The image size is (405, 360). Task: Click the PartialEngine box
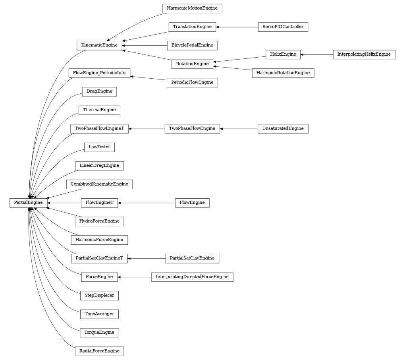click(28, 203)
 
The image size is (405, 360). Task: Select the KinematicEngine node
click(99, 45)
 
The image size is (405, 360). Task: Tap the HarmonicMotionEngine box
click(192, 8)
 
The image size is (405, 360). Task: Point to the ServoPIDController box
click(283, 27)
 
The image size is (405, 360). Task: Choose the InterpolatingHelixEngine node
click(364, 54)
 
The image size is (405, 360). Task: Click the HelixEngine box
click(283, 54)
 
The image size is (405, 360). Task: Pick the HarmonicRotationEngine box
click(283, 73)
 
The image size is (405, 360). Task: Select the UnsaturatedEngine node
click(283, 129)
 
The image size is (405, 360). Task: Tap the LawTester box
click(99, 147)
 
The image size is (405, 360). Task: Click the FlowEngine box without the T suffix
click(192, 203)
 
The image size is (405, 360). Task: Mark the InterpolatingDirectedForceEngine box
click(192, 277)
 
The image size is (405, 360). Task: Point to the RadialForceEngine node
click(99, 351)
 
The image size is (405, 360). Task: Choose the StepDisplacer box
click(99, 296)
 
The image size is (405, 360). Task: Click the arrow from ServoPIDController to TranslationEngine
click(237, 27)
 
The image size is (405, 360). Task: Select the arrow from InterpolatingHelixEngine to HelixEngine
click(317, 54)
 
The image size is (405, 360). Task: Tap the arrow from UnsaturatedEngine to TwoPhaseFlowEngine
click(239, 129)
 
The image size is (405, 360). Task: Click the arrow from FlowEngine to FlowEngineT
click(147, 203)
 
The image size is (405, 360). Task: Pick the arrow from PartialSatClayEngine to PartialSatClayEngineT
click(147, 259)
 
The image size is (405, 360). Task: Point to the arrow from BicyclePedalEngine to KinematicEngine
click(145, 46)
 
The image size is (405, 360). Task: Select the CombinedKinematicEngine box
click(99, 184)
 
